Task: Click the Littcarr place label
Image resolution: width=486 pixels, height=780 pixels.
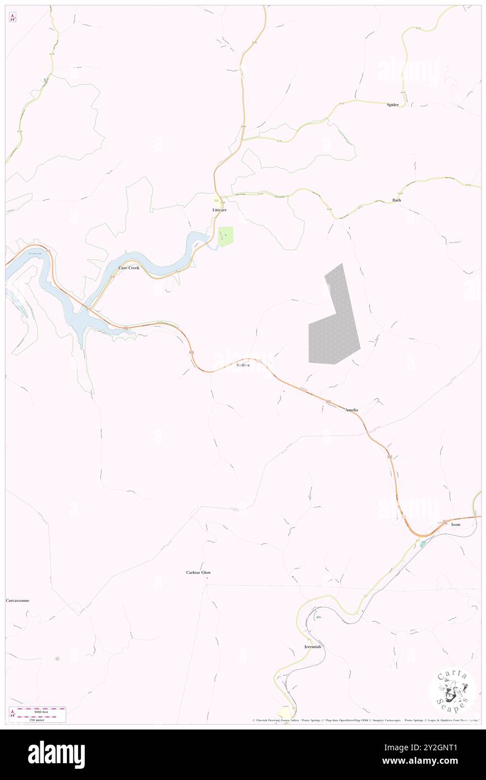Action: (x=219, y=210)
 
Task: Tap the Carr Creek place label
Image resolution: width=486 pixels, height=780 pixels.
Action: (x=129, y=268)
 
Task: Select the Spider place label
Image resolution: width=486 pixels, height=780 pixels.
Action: (x=392, y=105)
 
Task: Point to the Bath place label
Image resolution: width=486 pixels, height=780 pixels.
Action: (x=397, y=200)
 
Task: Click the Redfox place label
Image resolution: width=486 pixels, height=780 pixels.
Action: (x=243, y=365)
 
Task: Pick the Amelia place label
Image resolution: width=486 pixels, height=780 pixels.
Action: (x=351, y=410)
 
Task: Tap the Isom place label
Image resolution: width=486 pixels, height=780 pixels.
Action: (x=456, y=525)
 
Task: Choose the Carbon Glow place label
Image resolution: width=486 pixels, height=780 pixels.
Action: (x=199, y=572)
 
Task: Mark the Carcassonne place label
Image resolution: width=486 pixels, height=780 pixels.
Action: (x=17, y=600)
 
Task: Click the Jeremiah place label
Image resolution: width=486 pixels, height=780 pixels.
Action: (x=313, y=647)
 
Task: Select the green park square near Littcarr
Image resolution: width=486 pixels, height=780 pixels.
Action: (x=226, y=236)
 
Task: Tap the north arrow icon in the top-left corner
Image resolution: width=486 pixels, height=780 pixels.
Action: (x=12, y=17)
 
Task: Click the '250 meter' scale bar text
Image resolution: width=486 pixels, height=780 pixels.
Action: (x=38, y=720)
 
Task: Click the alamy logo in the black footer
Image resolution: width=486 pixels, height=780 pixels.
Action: (x=56, y=754)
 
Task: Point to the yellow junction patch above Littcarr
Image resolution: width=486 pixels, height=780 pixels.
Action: (x=216, y=200)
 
